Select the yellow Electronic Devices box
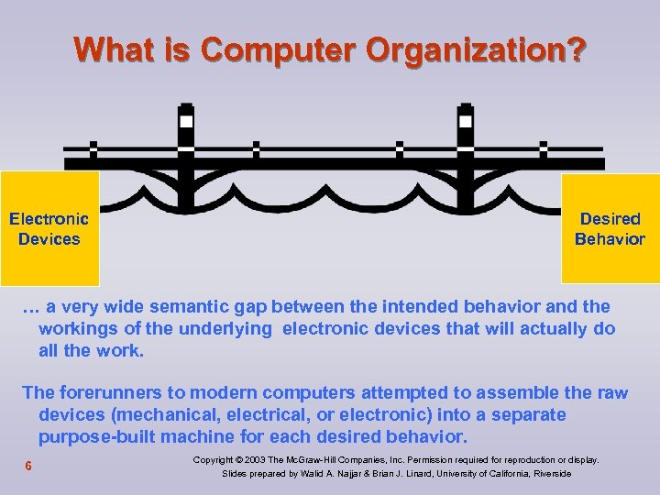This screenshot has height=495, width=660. pyautogui.click(x=49, y=229)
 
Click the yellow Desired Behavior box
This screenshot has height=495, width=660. pyautogui.click(x=610, y=229)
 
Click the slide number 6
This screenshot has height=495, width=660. pyautogui.click(x=29, y=467)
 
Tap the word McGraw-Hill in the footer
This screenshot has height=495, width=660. pyautogui.click(x=325, y=459)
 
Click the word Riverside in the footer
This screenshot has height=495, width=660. pyautogui.click(x=546, y=474)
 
